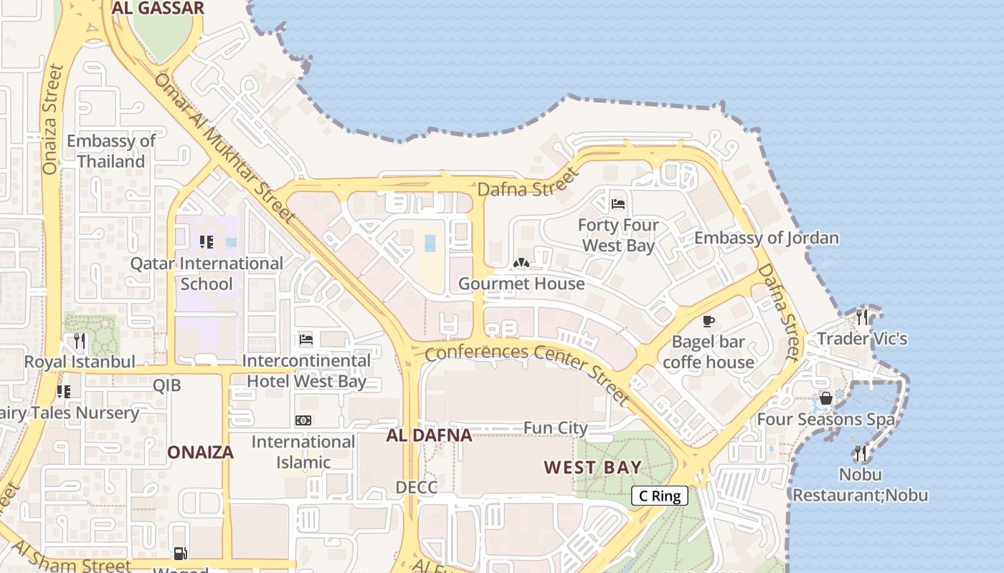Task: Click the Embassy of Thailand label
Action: (111, 151)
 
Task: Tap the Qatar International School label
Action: (207, 274)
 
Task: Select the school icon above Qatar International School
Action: (207, 242)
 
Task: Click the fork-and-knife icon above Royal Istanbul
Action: (80, 340)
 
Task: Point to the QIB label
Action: (166, 385)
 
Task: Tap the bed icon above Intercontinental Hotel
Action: (306, 339)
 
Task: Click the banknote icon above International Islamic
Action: (303, 420)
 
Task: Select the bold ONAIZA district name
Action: (201, 452)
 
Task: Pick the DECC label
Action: (417, 488)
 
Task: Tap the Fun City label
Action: (556, 428)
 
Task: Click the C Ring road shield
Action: (660, 496)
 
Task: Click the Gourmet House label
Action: (521, 284)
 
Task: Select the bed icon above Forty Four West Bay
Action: (618, 204)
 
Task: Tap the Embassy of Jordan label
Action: (767, 238)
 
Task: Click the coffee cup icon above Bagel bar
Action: (709, 321)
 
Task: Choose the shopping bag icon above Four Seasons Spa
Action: (826, 398)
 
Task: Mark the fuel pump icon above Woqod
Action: (181, 553)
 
